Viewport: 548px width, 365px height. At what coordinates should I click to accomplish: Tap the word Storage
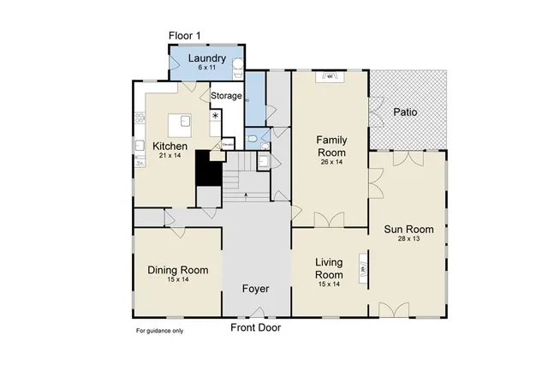[226, 96]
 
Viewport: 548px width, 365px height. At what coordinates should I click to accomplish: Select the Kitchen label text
[170, 146]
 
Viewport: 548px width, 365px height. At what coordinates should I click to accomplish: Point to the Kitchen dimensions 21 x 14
[170, 156]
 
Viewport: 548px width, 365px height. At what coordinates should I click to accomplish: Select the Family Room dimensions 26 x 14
[331, 161]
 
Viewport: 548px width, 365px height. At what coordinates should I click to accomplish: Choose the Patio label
[405, 112]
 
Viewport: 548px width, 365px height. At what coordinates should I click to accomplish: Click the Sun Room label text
[408, 229]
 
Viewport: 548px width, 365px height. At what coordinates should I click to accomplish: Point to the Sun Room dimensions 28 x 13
[408, 240]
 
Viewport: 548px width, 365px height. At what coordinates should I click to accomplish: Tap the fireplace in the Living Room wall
[363, 268]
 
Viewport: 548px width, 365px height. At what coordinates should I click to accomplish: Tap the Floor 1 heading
[186, 35]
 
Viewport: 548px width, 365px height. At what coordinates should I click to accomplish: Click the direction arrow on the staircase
[247, 196]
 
